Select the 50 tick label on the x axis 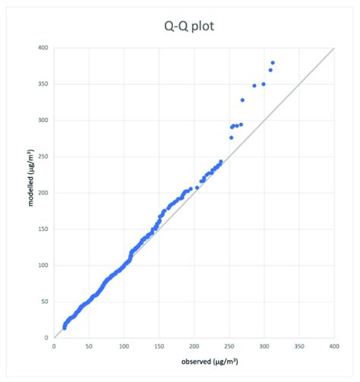89,346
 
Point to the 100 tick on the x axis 124,346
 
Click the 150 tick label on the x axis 159,346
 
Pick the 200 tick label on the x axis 194,346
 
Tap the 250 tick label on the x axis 229,346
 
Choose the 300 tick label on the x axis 264,346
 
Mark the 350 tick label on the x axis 300,346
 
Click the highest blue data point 273,62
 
